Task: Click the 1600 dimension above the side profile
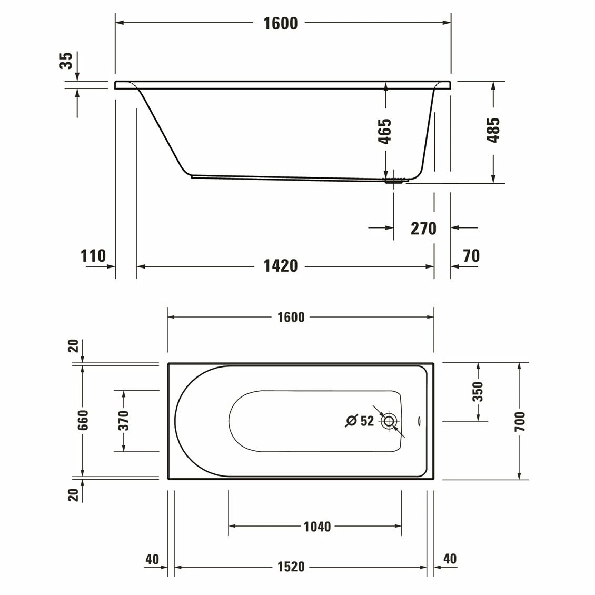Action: (x=281, y=23)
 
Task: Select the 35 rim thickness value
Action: (x=66, y=61)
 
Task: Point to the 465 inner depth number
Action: (x=385, y=131)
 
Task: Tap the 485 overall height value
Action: (x=493, y=130)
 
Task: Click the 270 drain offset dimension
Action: (x=423, y=229)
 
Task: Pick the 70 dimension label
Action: (x=471, y=256)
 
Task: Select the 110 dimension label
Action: (x=93, y=256)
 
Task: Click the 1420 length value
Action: (x=280, y=266)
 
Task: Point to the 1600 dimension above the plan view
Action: (x=291, y=317)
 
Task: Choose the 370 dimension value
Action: (x=123, y=421)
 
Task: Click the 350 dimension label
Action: (x=477, y=392)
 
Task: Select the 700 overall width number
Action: (x=520, y=421)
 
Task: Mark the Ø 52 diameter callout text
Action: (x=360, y=421)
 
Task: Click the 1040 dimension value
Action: (x=317, y=527)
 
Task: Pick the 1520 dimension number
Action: (x=291, y=567)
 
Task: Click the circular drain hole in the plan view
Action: (x=389, y=421)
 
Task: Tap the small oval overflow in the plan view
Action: (x=419, y=421)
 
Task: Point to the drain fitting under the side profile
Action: (x=395, y=181)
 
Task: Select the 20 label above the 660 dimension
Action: (x=74, y=346)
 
